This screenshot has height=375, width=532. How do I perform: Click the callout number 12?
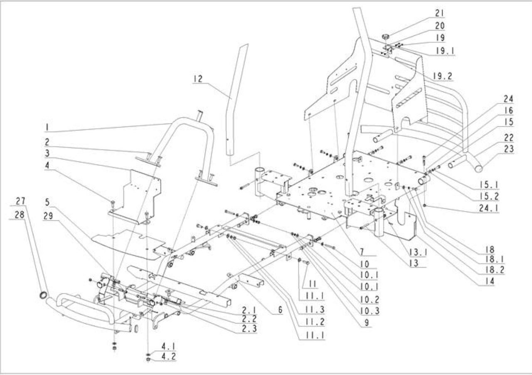(198, 79)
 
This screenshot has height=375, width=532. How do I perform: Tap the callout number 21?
(440, 13)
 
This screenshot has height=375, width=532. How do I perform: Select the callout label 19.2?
(443, 76)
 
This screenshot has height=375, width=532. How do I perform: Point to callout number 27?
(20, 201)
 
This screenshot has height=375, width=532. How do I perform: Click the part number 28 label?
(20, 215)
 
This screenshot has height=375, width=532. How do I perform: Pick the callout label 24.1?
(488, 208)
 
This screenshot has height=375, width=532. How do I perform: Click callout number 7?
(362, 252)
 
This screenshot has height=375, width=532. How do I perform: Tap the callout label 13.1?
(418, 252)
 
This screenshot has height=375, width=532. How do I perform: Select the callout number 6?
(280, 310)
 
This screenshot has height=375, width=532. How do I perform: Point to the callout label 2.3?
(249, 328)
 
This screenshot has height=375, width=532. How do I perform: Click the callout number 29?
(48, 216)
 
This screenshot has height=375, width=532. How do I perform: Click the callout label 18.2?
(495, 270)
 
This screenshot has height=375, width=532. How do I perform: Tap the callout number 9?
(367, 323)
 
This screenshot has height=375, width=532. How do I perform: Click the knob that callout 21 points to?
(385, 37)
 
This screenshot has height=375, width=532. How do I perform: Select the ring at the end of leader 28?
(43, 295)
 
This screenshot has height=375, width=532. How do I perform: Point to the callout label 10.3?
(370, 311)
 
